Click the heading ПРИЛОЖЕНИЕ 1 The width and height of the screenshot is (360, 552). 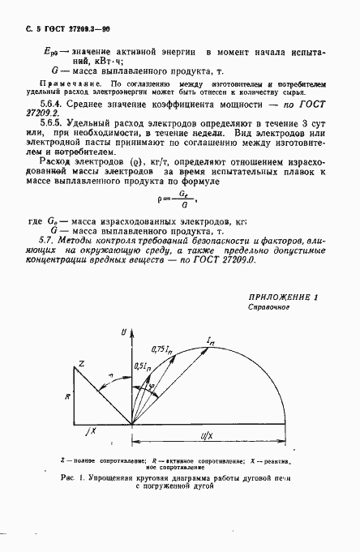[283, 298]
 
